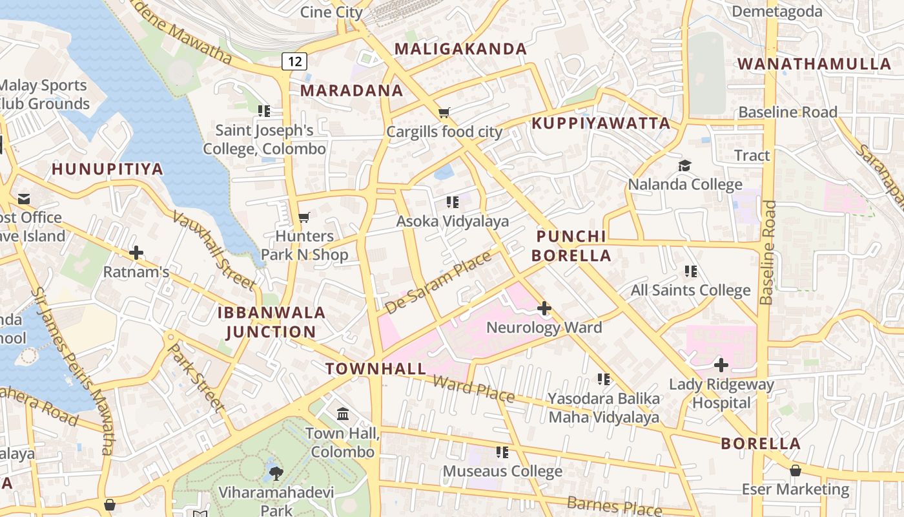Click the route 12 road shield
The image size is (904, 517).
294,61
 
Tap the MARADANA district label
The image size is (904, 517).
351,90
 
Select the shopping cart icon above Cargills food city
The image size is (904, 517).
444,113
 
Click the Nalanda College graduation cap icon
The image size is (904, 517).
684,166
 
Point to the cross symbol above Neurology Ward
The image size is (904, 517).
544,308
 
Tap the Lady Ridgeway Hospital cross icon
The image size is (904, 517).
721,365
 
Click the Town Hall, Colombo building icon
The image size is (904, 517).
343,414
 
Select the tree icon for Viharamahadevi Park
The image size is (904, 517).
276,473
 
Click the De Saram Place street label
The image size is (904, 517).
438,282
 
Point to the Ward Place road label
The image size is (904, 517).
473,388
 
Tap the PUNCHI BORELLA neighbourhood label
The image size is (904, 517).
571,246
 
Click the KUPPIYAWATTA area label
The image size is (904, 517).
601,123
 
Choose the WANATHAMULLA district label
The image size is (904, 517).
814,64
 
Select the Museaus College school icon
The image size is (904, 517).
502,452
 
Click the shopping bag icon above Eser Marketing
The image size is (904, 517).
796,470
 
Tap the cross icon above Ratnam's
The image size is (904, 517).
136,252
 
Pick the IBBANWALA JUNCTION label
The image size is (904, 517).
271,322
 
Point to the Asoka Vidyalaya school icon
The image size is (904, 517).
453,202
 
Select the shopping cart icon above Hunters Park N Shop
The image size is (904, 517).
304,217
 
